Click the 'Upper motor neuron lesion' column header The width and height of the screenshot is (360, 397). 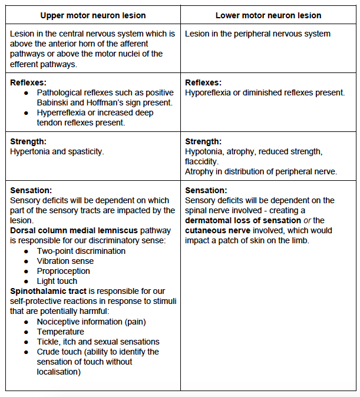click(93, 15)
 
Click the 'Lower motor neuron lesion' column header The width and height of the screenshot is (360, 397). click(268, 15)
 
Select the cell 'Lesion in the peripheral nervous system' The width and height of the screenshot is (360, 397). click(257, 34)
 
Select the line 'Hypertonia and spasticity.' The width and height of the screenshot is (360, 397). click(57, 151)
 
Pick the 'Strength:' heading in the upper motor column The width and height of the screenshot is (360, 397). click(28, 141)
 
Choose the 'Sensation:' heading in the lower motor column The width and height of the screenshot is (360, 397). click(206, 190)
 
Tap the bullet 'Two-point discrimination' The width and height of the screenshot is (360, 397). click(81, 251)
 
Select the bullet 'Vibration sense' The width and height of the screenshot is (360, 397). click(65, 261)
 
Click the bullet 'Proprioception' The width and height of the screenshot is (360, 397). click(63, 271)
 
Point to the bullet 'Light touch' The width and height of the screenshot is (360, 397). click(57, 281)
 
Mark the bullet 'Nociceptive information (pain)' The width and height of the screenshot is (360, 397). click(91, 322)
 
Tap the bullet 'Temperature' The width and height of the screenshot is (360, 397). click(60, 332)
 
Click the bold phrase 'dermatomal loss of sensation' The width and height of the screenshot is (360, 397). click(243, 220)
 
